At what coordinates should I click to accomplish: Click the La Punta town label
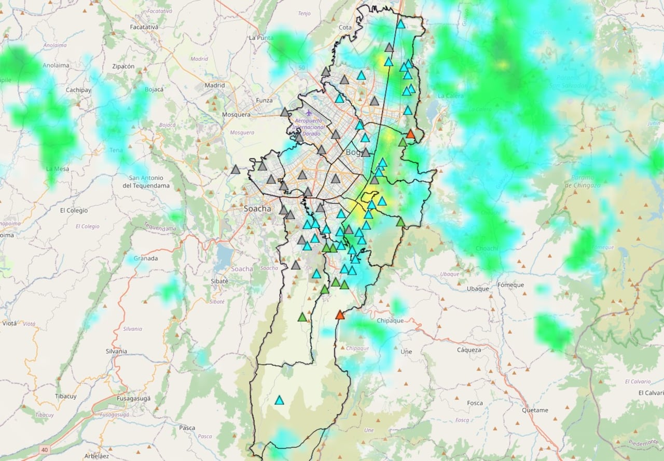[x=261, y=37]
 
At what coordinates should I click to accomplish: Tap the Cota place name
[x=344, y=27]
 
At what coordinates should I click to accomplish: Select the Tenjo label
[x=304, y=13]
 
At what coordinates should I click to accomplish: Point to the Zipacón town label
[x=123, y=66]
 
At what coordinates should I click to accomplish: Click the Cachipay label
[x=78, y=90]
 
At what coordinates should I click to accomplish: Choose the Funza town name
[x=264, y=100]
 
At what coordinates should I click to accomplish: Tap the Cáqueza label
[x=469, y=350]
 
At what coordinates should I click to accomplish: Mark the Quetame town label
[x=535, y=410]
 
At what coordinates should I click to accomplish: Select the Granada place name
[x=146, y=258]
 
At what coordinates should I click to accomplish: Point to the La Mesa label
[x=57, y=169]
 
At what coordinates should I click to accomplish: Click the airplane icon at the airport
[x=309, y=112]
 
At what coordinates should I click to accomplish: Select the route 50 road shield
[x=301, y=67]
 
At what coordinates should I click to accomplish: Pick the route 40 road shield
[x=45, y=449]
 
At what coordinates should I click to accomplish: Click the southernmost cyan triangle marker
[x=279, y=400]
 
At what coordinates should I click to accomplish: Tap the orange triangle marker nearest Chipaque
[x=340, y=315]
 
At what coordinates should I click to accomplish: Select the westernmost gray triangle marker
[x=236, y=169]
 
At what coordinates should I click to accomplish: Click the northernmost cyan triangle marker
[x=400, y=24]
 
